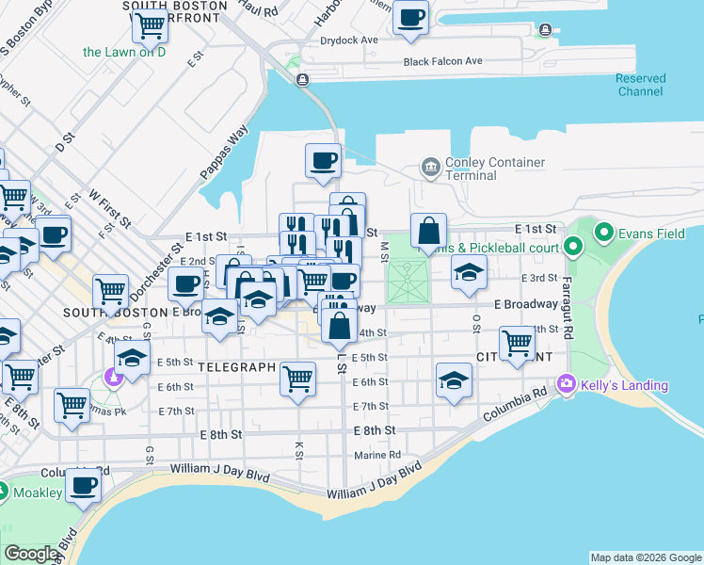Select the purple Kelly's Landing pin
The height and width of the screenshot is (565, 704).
(x=566, y=384)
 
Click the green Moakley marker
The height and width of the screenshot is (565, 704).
(x=4, y=492)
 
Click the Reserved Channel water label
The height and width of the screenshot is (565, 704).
(x=641, y=85)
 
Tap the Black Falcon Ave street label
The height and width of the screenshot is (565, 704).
(x=442, y=61)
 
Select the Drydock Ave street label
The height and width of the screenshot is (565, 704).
(x=348, y=40)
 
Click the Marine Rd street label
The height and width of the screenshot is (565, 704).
(x=377, y=455)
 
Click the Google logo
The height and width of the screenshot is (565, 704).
(x=32, y=554)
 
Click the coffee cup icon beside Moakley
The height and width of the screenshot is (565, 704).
(x=84, y=486)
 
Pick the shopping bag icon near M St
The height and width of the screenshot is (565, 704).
(x=428, y=231)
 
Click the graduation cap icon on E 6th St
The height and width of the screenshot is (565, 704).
(x=454, y=380)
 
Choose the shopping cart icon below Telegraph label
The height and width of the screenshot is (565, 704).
(x=297, y=379)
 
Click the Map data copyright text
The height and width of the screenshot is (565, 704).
(x=646, y=557)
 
